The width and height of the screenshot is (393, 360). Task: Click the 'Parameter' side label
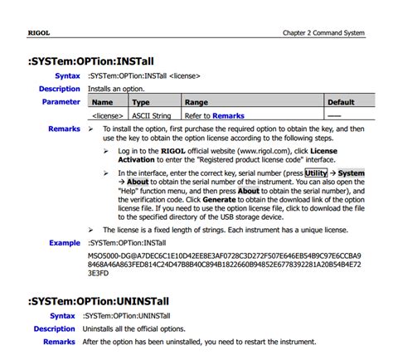pyautogui.click(x=61, y=102)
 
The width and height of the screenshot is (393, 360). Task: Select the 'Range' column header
pyautogui.click(x=196, y=103)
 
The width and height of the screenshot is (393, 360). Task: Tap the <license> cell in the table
pyautogui.click(x=107, y=116)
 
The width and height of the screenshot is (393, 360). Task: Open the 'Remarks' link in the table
pyautogui.click(x=228, y=116)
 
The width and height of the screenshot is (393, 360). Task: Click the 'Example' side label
pyautogui.click(x=64, y=242)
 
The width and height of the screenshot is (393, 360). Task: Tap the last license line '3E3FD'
pyautogui.click(x=99, y=273)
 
